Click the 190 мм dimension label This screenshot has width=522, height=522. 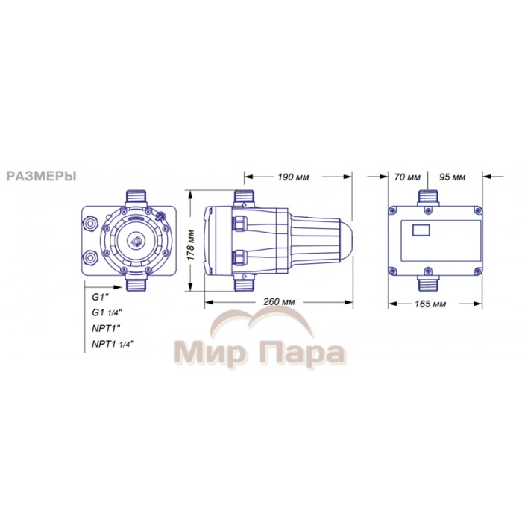pos(293,177)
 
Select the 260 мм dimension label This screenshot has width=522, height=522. pos(279,302)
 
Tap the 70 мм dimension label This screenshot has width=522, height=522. pos(407,177)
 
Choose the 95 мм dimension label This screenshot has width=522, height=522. pos(452,177)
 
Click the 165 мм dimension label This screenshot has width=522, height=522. pos(430,304)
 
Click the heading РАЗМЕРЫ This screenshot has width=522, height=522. pos(42,176)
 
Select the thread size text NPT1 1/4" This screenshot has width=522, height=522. pos(113,344)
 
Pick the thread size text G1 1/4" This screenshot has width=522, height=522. pos(107,312)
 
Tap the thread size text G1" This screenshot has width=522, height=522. pos(100,297)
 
